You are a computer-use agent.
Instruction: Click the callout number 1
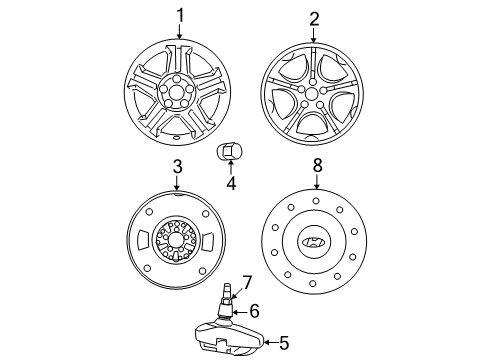click(180, 15)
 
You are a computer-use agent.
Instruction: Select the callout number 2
click(314, 19)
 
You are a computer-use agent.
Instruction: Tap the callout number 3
click(177, 167)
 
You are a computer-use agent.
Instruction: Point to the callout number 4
click(231, 183)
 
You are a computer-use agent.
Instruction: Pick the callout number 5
click(284, 343)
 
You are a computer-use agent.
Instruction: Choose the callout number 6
click(254, 311)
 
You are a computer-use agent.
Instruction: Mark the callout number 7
click(246, 283)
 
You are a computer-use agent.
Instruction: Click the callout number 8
click(318, 165)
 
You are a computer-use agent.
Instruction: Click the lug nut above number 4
click(229, 152)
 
